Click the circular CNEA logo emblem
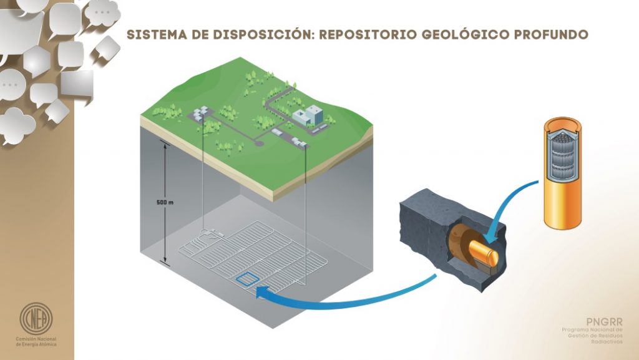[36, 318]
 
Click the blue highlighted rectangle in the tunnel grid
[248, 279]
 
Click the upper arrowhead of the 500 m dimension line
[165, 146]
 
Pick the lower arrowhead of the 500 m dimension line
[165, 262]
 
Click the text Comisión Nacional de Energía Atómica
[36, 342]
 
